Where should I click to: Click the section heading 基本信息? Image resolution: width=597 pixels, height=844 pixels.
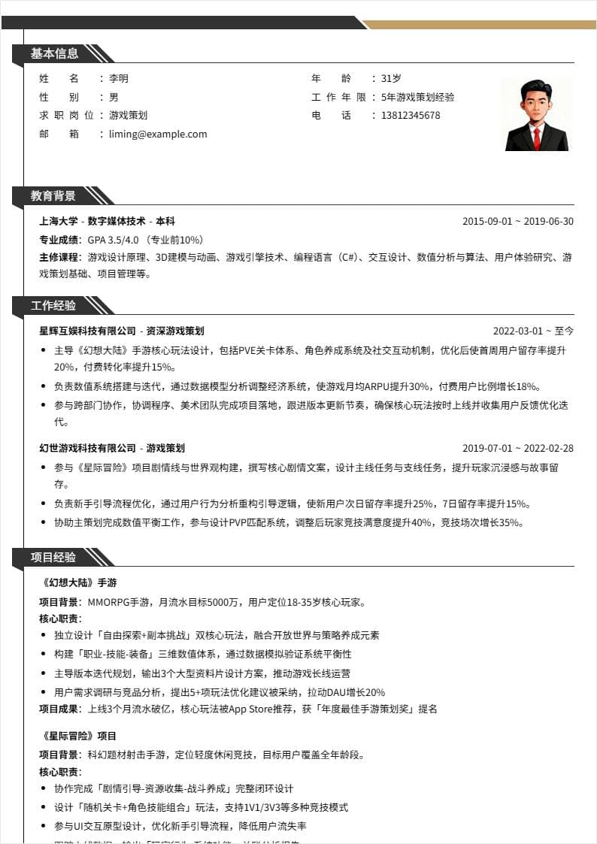54,53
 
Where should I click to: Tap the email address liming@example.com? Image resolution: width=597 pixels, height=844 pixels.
158,134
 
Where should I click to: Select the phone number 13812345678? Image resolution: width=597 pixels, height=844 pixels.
411,115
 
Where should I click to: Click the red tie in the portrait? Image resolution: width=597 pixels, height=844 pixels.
537,137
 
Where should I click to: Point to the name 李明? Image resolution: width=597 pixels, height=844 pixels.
119,78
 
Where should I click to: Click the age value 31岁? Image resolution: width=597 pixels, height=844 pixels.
391,78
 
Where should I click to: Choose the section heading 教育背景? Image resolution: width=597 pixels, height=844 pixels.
53,195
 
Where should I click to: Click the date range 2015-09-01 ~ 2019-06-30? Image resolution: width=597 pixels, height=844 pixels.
517,221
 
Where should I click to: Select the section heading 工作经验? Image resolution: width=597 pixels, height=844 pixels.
53,305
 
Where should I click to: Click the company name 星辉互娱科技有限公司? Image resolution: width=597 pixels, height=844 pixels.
88,331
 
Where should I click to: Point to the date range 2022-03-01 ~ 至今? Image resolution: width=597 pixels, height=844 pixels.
533,331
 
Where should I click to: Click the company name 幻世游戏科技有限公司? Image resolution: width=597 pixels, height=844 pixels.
88,448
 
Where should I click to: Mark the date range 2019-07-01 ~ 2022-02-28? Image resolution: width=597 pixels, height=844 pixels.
517,448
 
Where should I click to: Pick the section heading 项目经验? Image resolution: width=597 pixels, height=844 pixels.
53,557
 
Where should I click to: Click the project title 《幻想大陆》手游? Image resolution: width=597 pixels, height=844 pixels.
80,582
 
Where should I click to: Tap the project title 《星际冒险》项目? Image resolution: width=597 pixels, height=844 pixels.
80,736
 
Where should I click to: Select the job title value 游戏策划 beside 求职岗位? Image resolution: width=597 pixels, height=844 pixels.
128,115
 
